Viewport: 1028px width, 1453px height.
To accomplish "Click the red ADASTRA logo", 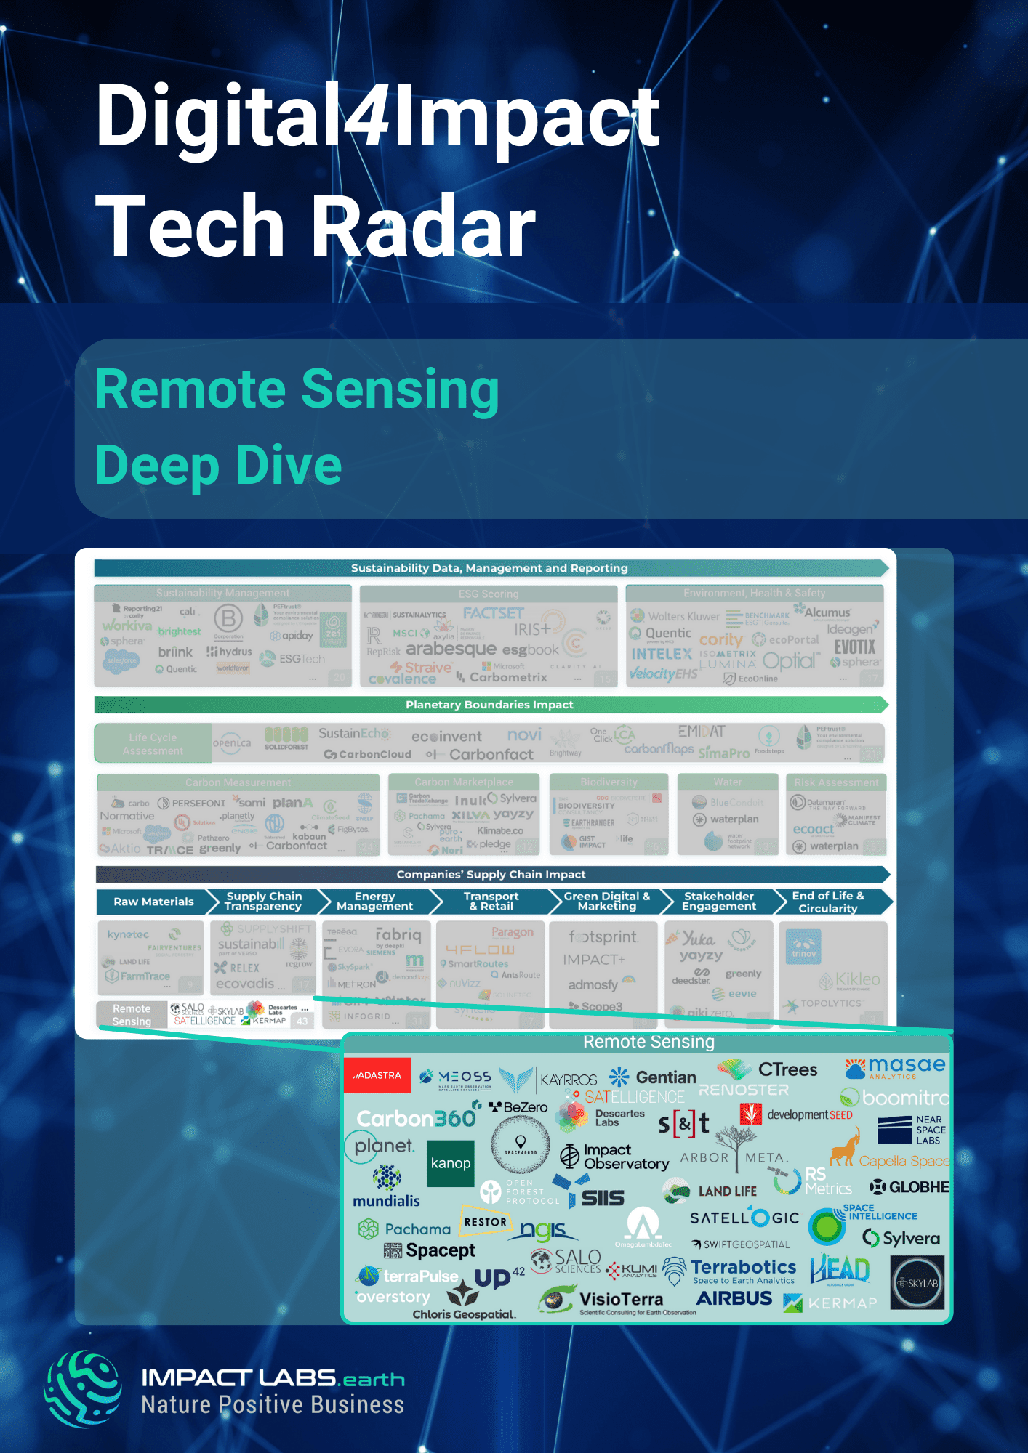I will click(x=377, y=1075).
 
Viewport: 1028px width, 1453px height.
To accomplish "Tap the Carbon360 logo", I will click(x=416, y=1118).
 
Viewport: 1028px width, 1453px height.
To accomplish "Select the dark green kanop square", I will click(x=451, y=1163).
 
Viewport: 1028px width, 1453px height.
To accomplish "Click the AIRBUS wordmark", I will click(x=734, y=1298).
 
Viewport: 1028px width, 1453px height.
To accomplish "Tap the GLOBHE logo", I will click(x=910, y=1187).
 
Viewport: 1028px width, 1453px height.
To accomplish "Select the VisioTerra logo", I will click(x=602, y=1300).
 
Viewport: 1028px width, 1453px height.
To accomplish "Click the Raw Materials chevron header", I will click(x=153, y=902).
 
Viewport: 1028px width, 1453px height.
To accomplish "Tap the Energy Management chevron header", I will click(x=375, y=902).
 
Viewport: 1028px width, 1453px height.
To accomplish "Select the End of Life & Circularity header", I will click(x=828, y=902).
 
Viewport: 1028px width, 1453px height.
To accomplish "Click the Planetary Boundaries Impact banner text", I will click(x=489, y=705).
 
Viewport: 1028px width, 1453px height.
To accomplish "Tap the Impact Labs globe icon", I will click(x=83, y=1389).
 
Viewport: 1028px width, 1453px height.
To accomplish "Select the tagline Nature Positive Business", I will click(x=273, y=1405).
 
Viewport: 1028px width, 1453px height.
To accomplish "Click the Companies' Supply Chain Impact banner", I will click(x=491, y=874).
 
